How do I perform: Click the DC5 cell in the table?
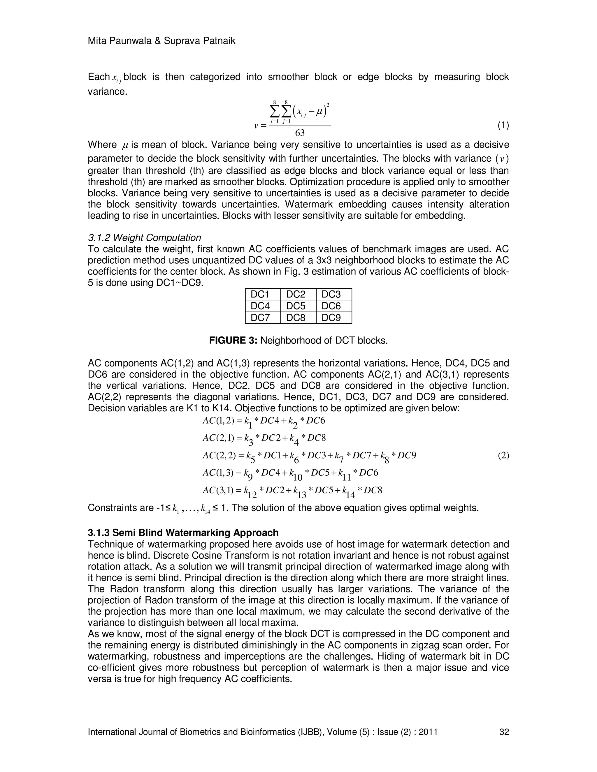click(295, 306)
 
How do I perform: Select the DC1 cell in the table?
click(260, 294)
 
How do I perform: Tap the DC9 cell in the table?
click(331, 318)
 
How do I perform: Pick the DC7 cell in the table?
click(260, 318)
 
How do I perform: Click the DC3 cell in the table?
click(331, 294)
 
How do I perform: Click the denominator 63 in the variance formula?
click(300, 133)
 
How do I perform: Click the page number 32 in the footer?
click(504, 732)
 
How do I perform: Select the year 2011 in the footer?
click(428, 732)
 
